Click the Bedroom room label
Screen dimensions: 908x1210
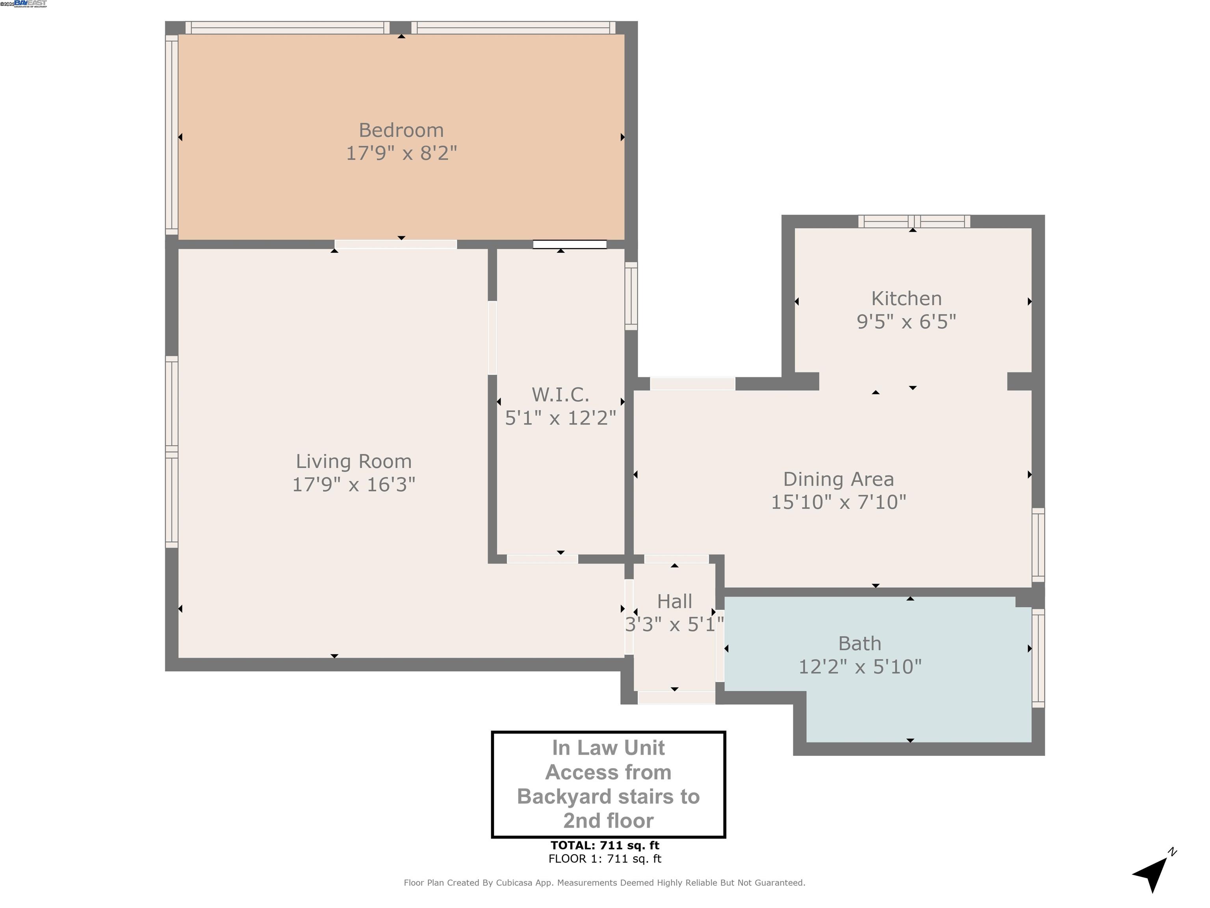click(401, 130)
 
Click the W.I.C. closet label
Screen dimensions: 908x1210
click(560, 394)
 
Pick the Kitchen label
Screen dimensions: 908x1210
click(906, 298)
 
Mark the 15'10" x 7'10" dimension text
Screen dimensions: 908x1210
click(838, 502)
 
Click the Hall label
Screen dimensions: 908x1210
click(674, 601)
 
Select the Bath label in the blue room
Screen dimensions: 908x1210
click(859, 643)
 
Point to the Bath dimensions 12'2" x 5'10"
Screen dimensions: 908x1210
click(859, 667)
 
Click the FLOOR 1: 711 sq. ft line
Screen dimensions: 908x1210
click(605, 859)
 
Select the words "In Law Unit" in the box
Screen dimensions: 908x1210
click(608, 748)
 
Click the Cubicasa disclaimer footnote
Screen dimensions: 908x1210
click(605, 882)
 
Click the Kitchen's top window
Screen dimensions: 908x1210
click(913, 221)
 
